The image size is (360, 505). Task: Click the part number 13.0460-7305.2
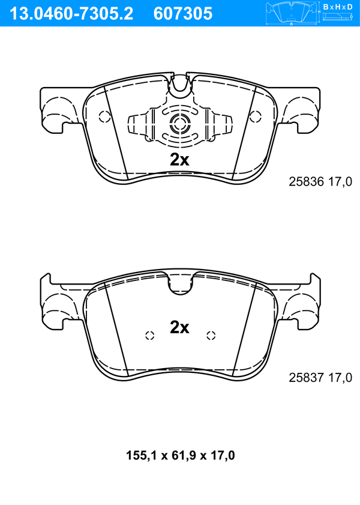click(71, 14)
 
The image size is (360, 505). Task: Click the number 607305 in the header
click(183, 14)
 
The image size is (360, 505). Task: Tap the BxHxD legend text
click(338, 7)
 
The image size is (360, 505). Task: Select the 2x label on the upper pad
click(179, 159)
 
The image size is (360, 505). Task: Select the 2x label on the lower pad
click(179, 327)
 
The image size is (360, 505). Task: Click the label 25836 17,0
click(320, 182)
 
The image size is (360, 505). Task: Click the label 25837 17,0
click(320, 377)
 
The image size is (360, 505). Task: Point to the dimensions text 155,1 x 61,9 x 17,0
click(180, 455)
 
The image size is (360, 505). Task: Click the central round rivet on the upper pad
click(180, 124)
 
